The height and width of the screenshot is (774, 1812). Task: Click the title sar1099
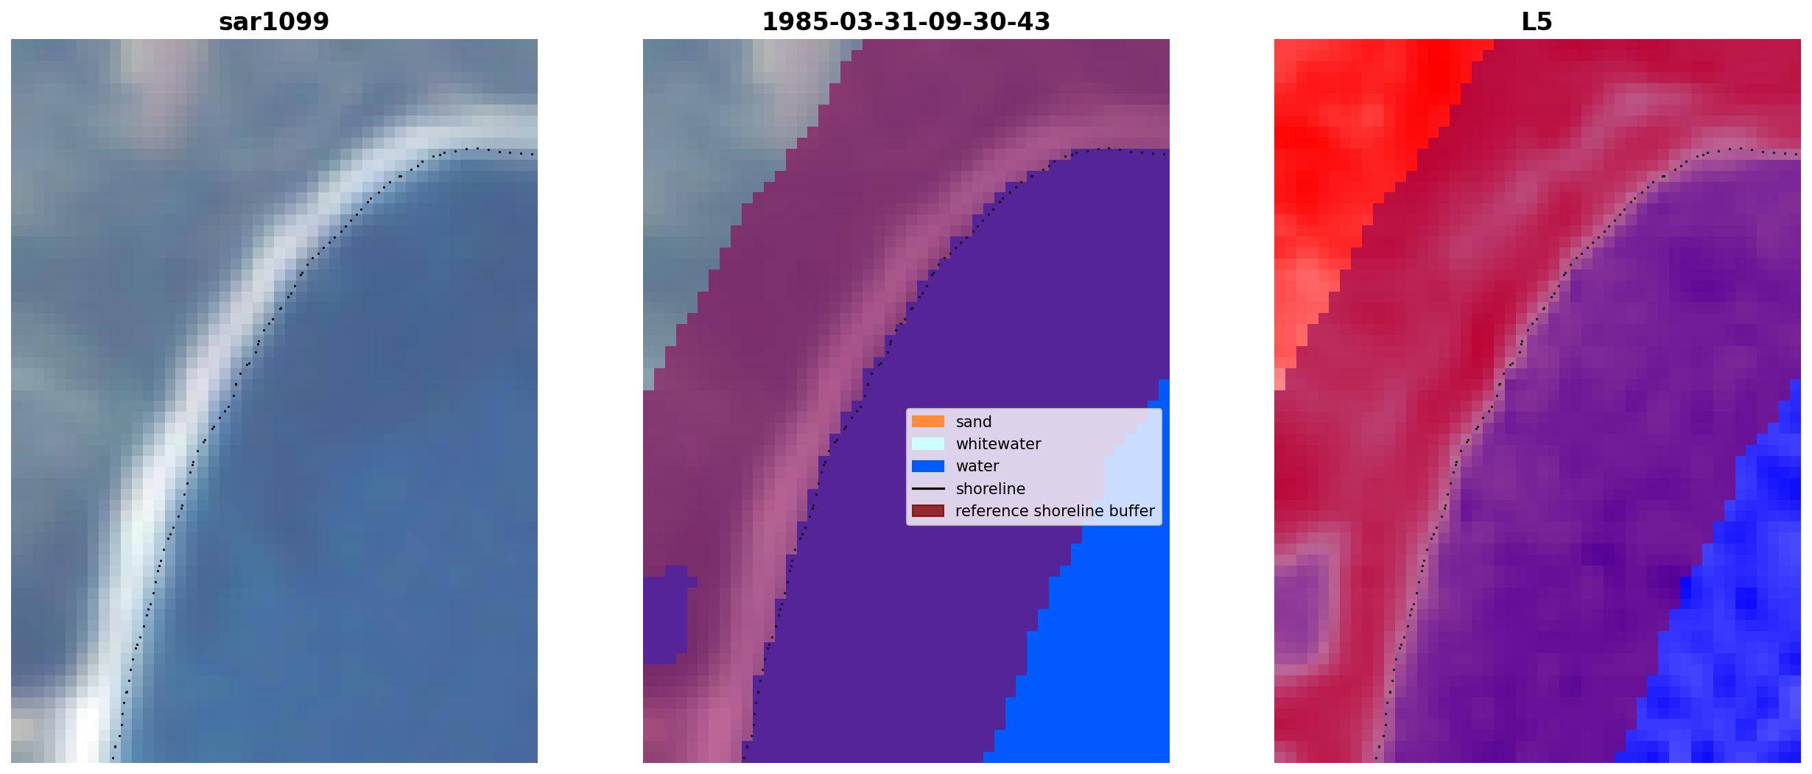[274, 22]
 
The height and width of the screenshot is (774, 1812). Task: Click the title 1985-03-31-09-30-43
[906, 22]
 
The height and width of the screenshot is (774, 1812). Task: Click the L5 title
[1537, 22]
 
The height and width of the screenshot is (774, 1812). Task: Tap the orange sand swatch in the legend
[928, 421]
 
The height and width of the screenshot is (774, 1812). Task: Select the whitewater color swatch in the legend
[928, 443]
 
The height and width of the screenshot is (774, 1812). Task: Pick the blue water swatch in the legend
[928, 466]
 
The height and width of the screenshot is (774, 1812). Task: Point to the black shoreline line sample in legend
[928, 489]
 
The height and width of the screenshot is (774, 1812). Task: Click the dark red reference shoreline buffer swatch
[928, 511]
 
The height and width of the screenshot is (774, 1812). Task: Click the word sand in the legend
[974, 422]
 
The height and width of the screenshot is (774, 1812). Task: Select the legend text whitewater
[998, 444]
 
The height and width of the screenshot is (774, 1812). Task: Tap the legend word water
[977, 466]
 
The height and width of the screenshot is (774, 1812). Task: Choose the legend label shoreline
[991, 489]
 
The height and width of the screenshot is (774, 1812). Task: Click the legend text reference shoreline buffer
[1055, 511]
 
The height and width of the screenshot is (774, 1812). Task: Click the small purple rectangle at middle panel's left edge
[667, 615]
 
